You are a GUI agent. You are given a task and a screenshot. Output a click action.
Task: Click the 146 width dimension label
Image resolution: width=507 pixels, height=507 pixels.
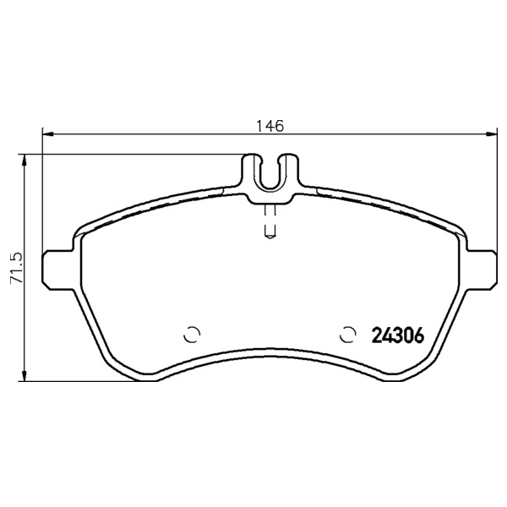[x=270, y=126]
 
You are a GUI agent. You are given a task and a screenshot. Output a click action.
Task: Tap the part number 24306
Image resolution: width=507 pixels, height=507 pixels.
[x=398, y=335]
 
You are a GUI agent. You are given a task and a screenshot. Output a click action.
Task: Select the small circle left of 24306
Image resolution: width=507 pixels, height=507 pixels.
[x=348, y=334]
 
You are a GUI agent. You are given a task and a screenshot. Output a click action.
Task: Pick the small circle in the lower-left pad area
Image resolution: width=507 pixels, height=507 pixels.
[x=192, y=334]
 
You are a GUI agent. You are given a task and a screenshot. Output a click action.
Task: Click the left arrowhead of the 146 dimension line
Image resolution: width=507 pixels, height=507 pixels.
[x=48, y=134]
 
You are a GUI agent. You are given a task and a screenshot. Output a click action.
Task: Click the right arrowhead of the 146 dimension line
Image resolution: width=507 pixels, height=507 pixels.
[x=492, y=134]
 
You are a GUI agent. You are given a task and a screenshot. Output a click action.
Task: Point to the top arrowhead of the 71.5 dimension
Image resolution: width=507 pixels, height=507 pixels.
[x=24, y=160]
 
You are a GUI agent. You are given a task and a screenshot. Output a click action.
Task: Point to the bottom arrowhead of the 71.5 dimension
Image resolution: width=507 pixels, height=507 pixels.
[x=24, y=375]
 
